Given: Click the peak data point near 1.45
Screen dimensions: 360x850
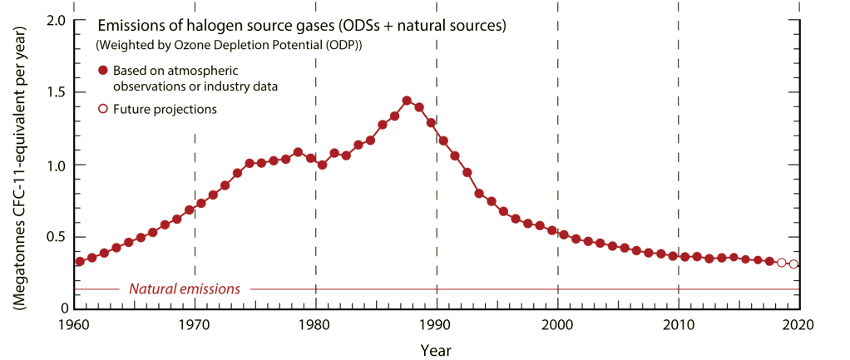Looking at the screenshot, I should pos(407,101).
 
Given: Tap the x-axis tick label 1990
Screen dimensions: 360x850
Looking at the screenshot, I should pos(437,325).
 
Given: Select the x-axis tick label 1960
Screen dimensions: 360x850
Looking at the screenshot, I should pos(75,325).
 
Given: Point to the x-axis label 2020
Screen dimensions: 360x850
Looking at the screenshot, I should pos(799,325).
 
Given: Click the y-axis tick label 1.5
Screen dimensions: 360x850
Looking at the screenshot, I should pos(54,92).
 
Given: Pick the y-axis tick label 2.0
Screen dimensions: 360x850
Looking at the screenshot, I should pos(54,20).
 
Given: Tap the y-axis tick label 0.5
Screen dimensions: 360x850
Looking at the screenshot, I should pos(54,236).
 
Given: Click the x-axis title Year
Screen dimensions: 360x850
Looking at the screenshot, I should pos(437,349).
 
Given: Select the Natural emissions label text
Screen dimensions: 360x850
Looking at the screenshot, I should pos(185,289).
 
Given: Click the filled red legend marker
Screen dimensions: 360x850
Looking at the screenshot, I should pos(103,70).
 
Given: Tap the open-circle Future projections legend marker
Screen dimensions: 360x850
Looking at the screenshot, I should pos(103,109).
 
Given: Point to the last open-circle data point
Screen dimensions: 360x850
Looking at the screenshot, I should pos(793,264).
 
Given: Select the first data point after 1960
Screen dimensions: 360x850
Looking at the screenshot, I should pos(80,261).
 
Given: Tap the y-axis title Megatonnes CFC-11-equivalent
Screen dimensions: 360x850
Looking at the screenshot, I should pos(18,179).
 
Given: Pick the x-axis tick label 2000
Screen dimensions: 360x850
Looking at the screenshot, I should pos(558,325).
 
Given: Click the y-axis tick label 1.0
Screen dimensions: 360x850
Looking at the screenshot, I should pos(54,165).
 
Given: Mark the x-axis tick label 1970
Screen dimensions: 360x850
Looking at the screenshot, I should pos(195,325).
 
